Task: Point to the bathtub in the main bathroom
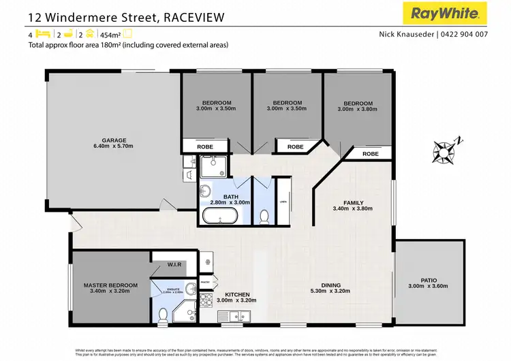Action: coord(219,217)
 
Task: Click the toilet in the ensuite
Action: coord(162,314)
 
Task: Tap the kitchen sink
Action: coord(236,315)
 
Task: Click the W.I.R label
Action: coord(174,264)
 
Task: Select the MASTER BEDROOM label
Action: coord(110,285)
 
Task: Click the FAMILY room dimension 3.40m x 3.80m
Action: coord(353,210)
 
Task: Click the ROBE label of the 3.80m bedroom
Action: coord(370,154)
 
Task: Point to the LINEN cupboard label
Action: coord(282,201)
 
